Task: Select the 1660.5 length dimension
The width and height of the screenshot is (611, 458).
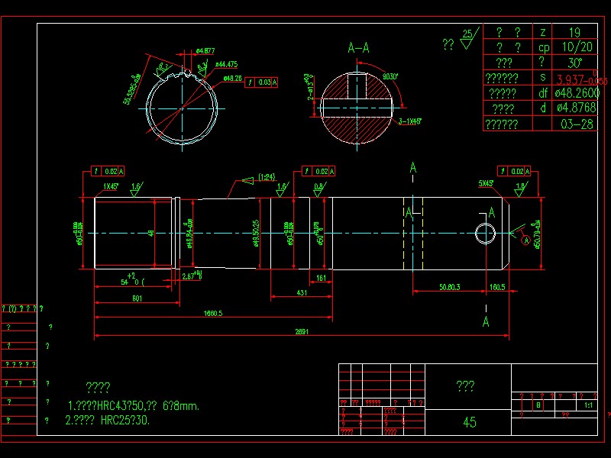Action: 213,313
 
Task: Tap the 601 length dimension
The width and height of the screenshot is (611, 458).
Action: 137,298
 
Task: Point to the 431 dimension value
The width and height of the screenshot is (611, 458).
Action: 302,292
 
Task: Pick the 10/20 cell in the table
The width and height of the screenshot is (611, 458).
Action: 575,47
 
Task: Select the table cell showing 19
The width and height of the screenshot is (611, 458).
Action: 575,32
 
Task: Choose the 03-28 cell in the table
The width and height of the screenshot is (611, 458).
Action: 577,124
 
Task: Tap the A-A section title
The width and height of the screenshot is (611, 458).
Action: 359,47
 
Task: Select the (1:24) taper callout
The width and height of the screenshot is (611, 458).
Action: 267,176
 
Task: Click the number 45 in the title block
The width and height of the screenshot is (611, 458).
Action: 470,422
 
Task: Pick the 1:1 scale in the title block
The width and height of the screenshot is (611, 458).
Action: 589,406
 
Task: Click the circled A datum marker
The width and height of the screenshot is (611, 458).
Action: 526,240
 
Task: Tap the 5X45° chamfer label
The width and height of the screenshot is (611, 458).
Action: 486,184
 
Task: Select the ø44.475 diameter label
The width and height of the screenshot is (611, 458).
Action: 226,64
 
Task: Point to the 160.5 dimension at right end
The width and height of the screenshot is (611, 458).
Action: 497,287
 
